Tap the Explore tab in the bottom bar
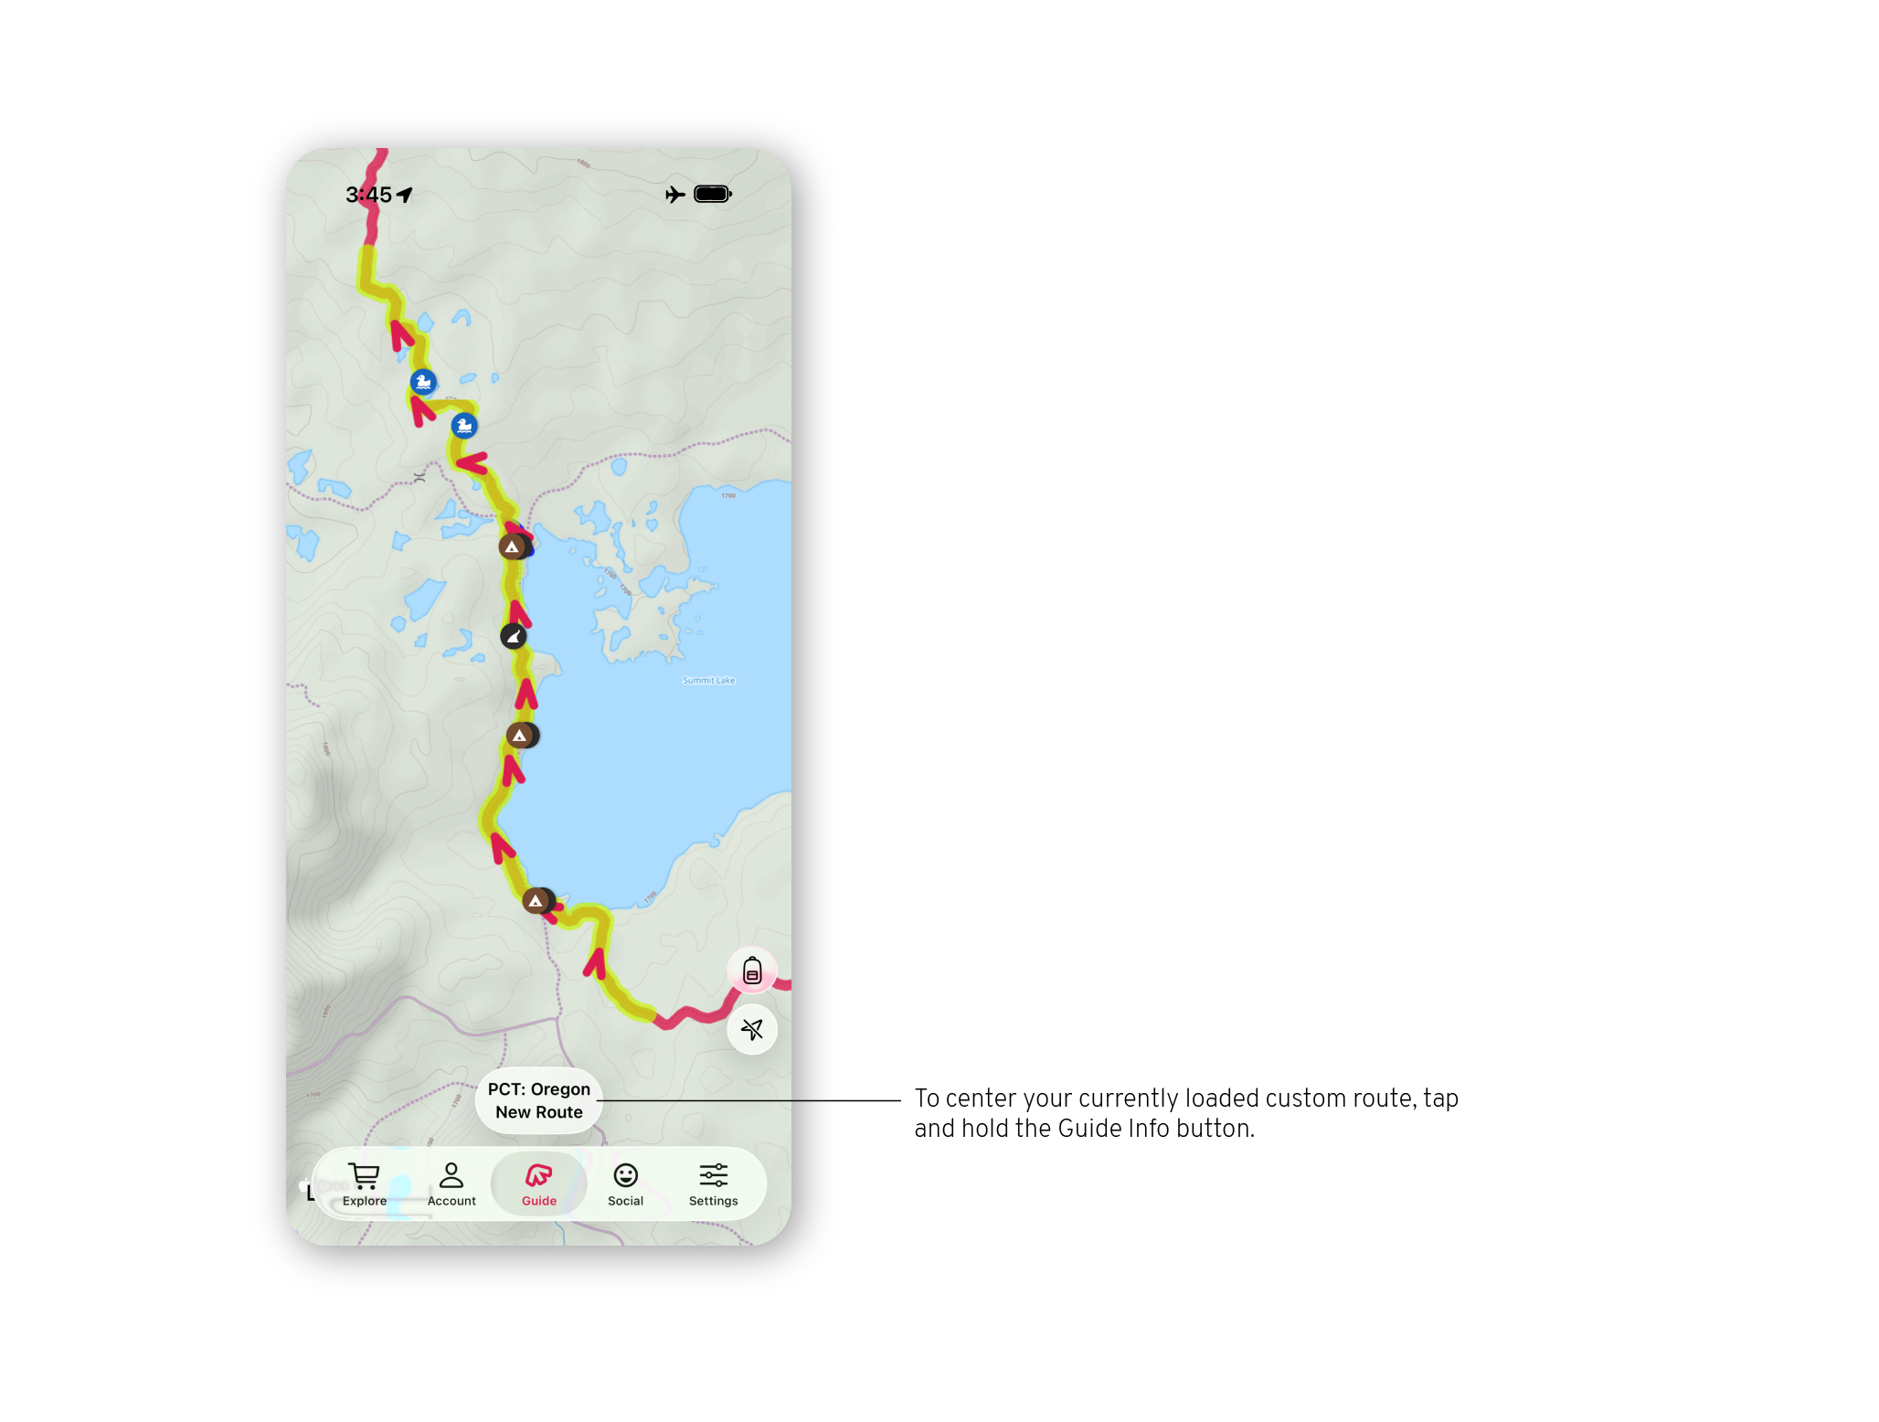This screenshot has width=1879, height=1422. (x=364, y=1184)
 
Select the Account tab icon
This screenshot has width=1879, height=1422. (x=451, y=1175)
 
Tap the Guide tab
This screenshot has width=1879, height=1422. (x=539, y=1184)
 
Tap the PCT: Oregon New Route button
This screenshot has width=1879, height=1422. (x=539, y=1100)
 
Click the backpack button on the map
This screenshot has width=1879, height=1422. (x=752, y=971)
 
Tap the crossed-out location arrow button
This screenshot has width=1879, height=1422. (x=752, y=1030)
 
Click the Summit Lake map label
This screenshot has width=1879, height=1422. (x=708, y=681)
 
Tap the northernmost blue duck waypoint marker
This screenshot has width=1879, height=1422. (x=423, y=382)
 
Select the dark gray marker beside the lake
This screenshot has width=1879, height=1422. (x=514, y=636)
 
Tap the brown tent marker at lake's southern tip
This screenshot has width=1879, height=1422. (x=536, y=901)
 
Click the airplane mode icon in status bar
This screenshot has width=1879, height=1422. (x=675, y=195)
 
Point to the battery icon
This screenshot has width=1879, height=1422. (x=713, y=194)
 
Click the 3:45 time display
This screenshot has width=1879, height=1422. (x=368, y=195)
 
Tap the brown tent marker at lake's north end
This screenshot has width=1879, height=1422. (x=513, y=547)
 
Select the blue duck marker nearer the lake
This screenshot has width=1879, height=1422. (x=464, y=426)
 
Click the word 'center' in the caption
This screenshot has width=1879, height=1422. (x=982, y=1098)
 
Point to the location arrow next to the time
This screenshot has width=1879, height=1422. (x=405, y=195)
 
